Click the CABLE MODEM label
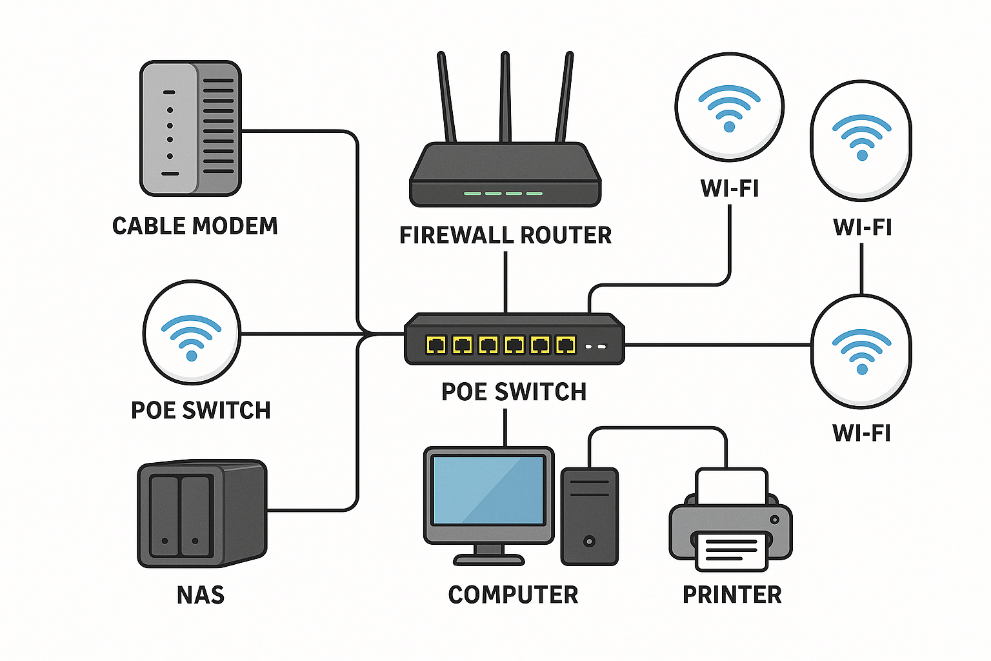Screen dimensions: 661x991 [x=195, y=226]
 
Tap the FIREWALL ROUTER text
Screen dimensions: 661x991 [x=505, y=236]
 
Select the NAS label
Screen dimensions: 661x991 [x=201, y=595]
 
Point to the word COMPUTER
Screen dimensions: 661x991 [x=513, y=595]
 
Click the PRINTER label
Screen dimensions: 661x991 [x=732, y=595]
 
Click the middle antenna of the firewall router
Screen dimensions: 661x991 [x=505, y=97]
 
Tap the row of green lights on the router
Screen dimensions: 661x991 [x=503, y=193]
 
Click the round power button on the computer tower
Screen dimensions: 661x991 [x=588, y=541]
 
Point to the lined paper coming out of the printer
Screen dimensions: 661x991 [x=731, y=550]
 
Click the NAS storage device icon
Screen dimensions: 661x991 [x=201, y=513]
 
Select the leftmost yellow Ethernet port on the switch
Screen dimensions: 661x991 [x=437, y=345]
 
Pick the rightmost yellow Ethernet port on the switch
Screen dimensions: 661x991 [x=566, y=345]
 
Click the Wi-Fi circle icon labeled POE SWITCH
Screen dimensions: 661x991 [x=192, y=332]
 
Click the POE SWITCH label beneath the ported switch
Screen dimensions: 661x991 [x=514, y=392]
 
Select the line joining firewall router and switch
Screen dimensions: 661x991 [x=505, y=281]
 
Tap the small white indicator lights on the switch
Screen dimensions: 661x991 [x=596, y=347]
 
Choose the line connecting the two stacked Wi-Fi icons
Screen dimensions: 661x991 [x=861, y=269]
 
